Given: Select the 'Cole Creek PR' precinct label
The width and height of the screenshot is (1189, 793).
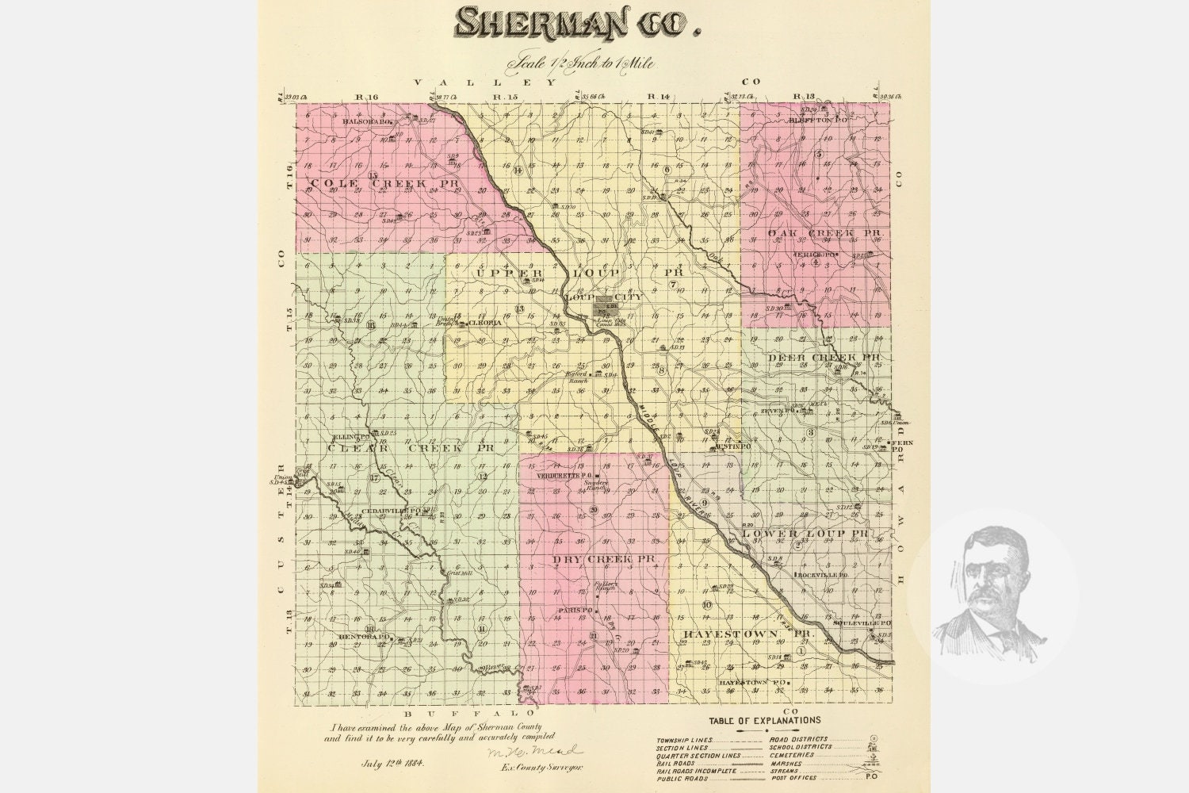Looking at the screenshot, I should coord(364,183).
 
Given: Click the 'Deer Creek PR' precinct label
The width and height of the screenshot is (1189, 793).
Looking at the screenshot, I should coord(824,358).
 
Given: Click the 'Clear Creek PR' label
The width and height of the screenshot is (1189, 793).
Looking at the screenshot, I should coord(411,448).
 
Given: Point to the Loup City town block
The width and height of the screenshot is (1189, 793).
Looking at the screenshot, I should coord(607,303).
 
